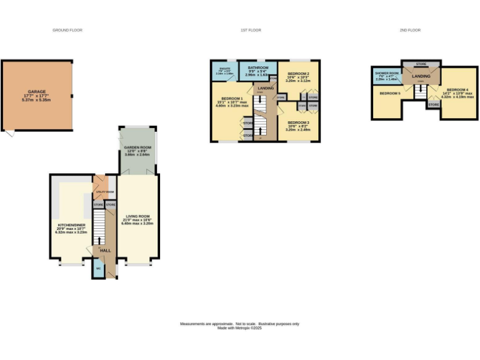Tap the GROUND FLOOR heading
pos(67,30)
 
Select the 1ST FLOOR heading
pos(251,30)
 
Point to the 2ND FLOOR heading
pos(410,30)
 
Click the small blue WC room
pos(98,270)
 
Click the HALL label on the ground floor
pos(106,250)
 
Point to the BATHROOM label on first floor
pos(257,67)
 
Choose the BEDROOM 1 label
pos(232,99)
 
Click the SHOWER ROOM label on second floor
pos(385,73)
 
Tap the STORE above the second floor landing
pos(421,64)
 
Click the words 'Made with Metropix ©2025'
pos(239,327)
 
